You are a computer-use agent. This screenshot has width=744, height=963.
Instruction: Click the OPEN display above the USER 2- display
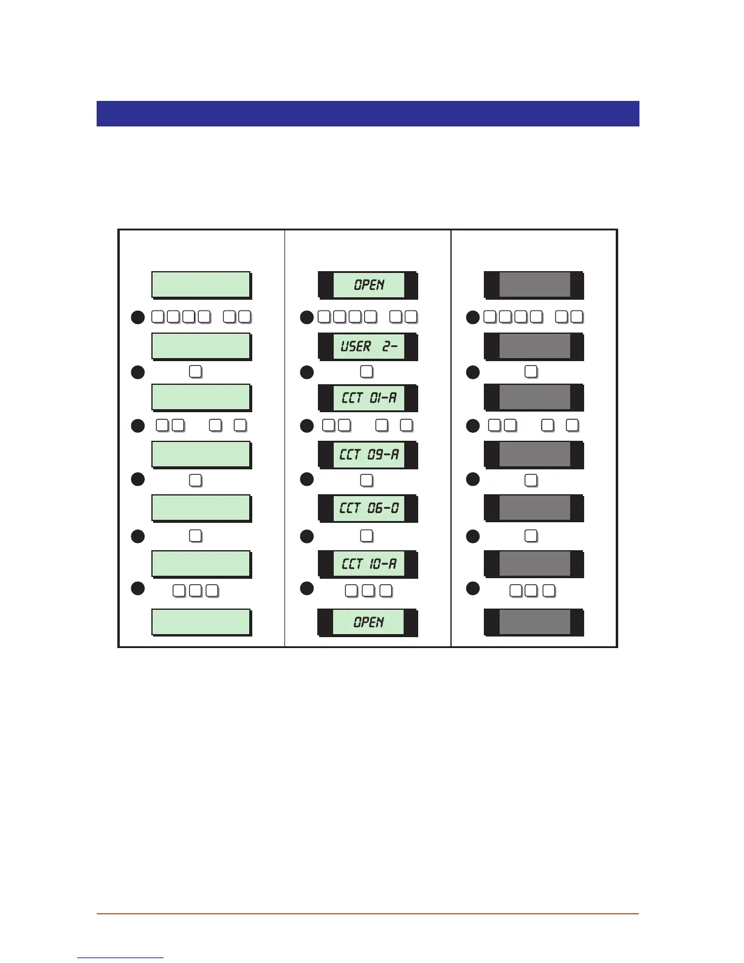[368, 285]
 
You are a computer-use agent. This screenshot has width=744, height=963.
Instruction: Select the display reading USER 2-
[368, 347]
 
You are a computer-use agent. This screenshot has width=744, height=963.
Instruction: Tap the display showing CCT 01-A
[368, 398]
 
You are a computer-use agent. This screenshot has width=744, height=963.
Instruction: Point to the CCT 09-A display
[368, 454]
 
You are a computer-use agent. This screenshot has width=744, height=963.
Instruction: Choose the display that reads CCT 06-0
[368, 508]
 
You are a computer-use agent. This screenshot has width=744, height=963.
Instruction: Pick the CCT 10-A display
[368, 564]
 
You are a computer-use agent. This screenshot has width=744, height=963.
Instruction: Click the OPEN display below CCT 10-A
[368, 622]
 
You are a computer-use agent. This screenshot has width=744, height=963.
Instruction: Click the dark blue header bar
[368, 114]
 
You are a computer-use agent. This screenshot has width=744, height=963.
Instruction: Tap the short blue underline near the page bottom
[120, 958]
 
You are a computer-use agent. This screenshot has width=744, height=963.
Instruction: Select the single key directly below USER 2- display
[367, 371]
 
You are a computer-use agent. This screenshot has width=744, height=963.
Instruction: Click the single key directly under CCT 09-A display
[367, 480]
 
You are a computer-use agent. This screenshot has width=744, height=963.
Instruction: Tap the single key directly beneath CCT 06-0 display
[367, 536]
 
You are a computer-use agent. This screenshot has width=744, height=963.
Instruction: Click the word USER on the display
[356, 347]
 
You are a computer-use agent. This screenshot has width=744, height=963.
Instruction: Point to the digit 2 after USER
[387, 347]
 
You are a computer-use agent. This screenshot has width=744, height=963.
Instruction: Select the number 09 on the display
[375, 454]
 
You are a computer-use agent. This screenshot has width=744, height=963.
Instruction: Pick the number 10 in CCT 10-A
[375, 564]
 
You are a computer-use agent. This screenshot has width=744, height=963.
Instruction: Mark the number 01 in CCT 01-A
[375, 398]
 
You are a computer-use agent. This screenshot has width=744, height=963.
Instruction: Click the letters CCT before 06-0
[351, 508]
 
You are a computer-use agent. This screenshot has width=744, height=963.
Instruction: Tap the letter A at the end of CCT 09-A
[394, 454]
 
